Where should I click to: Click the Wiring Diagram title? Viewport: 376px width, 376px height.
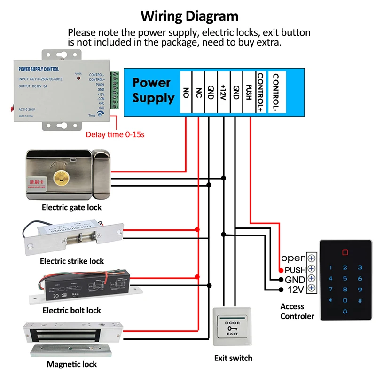pos(189,16)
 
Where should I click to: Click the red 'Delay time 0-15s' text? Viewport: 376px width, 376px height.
pos(115,135)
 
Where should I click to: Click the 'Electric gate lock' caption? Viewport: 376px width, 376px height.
pos(71,207)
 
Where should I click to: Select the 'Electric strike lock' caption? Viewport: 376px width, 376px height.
pos(72,261)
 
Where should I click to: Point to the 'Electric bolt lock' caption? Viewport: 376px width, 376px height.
pos(71,310)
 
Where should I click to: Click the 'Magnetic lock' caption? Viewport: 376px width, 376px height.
pos(72,364)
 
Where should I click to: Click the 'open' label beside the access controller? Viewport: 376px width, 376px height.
pos(293,258)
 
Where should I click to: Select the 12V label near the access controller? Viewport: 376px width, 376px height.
pos(296,290)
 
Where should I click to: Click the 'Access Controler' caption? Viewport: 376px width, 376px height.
pos(297,311)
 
